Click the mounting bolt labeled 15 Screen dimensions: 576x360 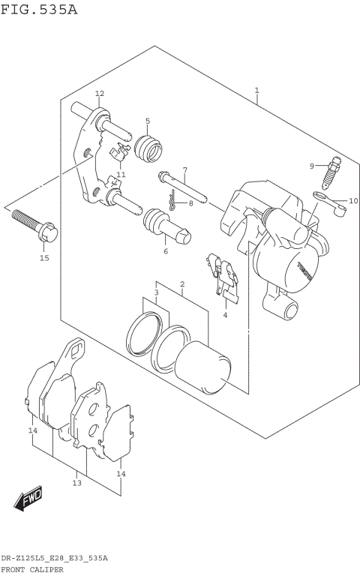tap(31, 225)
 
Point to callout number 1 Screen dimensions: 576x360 tap(256, 91)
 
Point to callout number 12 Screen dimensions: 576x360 tap(99, 94)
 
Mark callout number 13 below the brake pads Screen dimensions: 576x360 tap(76, 484)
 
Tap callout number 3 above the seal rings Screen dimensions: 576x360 tap(156, 292)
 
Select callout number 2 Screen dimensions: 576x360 tap(181, 284)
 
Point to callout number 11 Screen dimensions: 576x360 tap(120, 175)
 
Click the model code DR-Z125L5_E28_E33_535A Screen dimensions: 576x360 tap(54, 559)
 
